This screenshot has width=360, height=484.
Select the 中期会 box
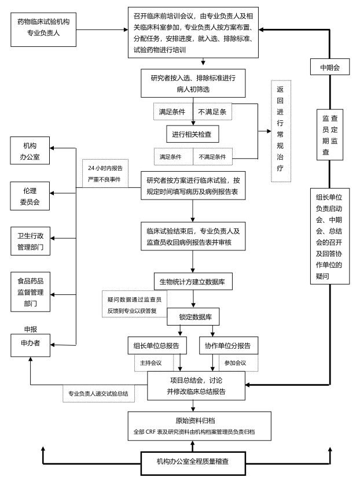[330, 68]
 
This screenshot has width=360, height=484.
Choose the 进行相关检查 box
[192, 135]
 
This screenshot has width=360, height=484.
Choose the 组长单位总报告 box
[157, 345]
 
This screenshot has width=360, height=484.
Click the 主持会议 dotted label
[153, 363]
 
